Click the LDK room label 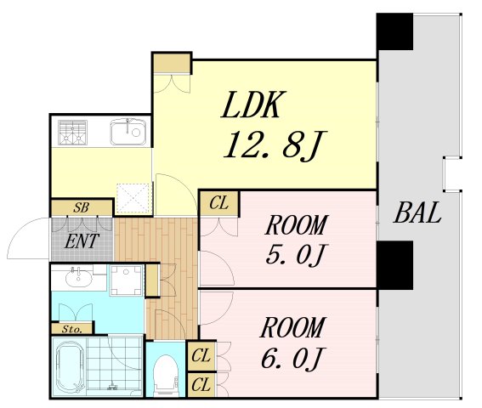[x=251, y=105]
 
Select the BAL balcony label [x=417, y=213]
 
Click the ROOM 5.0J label [x=296, y=240]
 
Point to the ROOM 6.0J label [x=292, y=342]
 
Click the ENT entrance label [x=82, y=241]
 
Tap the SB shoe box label [x=81, y=208]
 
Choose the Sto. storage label [x=72, y=329]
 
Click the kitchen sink [x=128, y=132]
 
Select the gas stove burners [x=72, y=133]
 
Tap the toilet [x=165, y=375]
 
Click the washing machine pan [x=126, y=280]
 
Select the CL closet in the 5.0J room [x=218, y=204]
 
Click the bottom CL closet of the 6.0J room [x=201, y=385]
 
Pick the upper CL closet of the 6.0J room [x=201, y=356]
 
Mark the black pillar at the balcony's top [x=394, y=31]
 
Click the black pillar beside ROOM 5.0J [x=394, y=264]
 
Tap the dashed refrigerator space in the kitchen [x=133, y=198]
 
